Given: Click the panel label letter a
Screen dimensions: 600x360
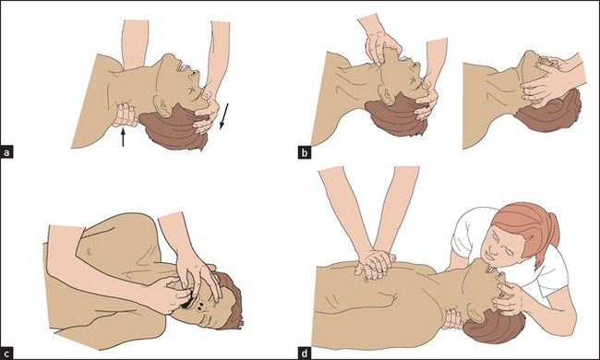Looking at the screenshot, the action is pyautogui.click(x=6, y=152).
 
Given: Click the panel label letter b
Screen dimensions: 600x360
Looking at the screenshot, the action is pyautogui.click(x=305, y=152).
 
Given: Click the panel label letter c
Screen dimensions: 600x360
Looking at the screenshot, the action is pyautogui.click(x=6, y=354).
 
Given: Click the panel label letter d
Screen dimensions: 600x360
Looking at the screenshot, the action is pyautogui.click(x=305, y=354).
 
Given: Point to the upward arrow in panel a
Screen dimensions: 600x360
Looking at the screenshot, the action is pyautogui.click(x=123, y=138).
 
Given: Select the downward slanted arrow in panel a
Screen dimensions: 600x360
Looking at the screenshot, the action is pyautogui.click(x=224, y=116).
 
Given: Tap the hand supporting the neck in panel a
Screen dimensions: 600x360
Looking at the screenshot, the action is pyautogui.click(x=125, y=114).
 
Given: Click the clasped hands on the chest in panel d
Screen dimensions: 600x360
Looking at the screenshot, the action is pyautogui.click(x=375, y=264).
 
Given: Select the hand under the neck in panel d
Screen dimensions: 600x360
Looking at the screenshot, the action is pyautogui.click(x=453, y=319).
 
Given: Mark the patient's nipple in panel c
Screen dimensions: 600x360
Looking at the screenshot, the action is pyautogui.click(x=89, y=251).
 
